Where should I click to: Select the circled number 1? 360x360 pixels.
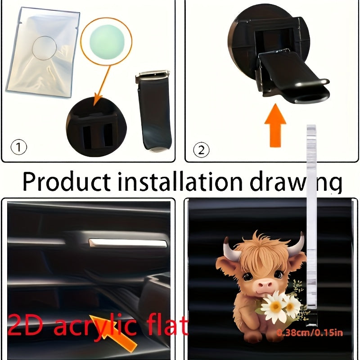[x=18, y=147]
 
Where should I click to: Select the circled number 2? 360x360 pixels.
[x=201, y=149]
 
